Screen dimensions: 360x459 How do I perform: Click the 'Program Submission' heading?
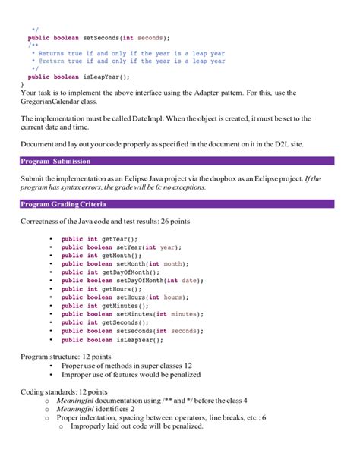click(55, 161)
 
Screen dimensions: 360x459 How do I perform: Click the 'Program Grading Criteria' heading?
click(63, 204)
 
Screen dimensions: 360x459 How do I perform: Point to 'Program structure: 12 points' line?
click(65, 356)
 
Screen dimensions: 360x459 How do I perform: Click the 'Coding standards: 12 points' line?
click(64, 391)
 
